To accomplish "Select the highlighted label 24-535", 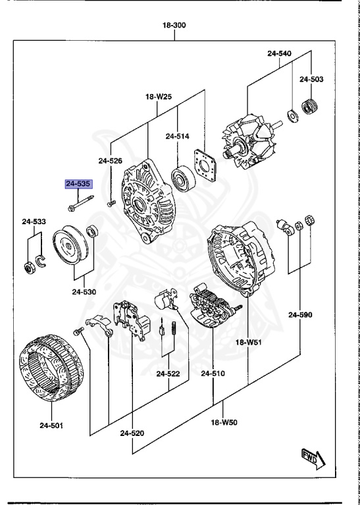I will pyautogui.click(x=78, y=185).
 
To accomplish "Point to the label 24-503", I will pyautogui.click(x=311, y=80).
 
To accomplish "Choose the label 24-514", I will pyautogui.click(x=177, y=136).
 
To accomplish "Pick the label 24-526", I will pyautogui.click(x=111, y=160).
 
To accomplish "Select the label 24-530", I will pyautogui.click(x=84, y=291).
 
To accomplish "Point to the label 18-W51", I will pyautogui.click(x=248, y=343).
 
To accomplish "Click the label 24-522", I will pyautogui.click(x=168, y=373).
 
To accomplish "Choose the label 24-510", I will pyautogui.click(x=213, y=373).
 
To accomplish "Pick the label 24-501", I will pyautogui.click(x=51, y=425).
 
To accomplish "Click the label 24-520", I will pyautogui.click(x=132, y=433).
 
